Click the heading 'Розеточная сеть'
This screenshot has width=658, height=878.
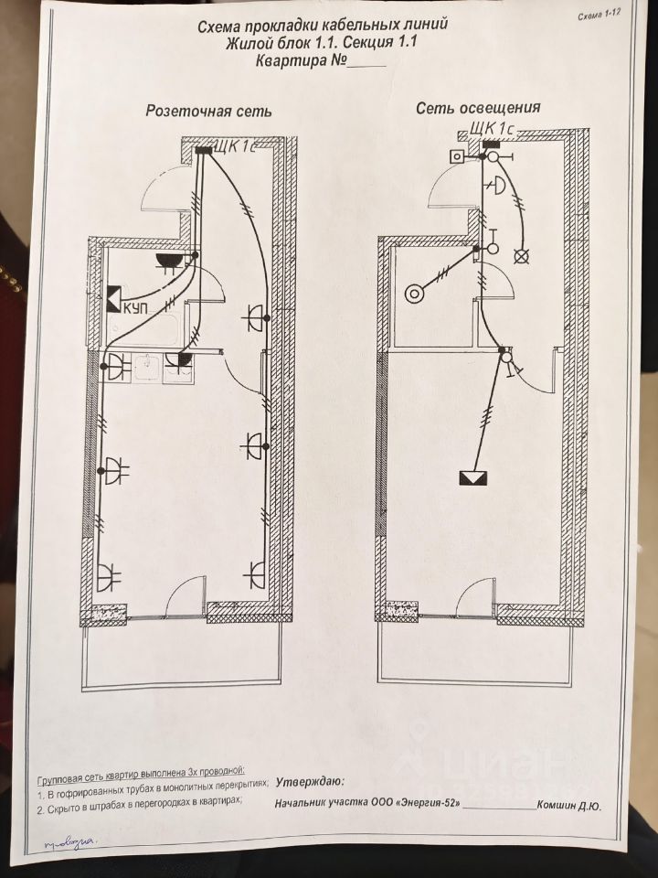pos(208,111)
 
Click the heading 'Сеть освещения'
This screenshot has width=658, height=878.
pos(478,108)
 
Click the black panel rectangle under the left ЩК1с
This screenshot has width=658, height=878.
pos(204,152)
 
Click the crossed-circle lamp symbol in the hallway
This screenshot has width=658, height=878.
pos(522,257)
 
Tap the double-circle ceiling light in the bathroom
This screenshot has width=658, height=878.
pos(415,293)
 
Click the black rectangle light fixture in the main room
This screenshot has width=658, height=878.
pos(473,477)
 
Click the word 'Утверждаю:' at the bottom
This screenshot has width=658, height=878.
pos(310,782)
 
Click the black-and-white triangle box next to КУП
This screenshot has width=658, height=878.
pos(114,298)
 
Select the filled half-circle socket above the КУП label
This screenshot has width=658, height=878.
pos(168,262)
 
